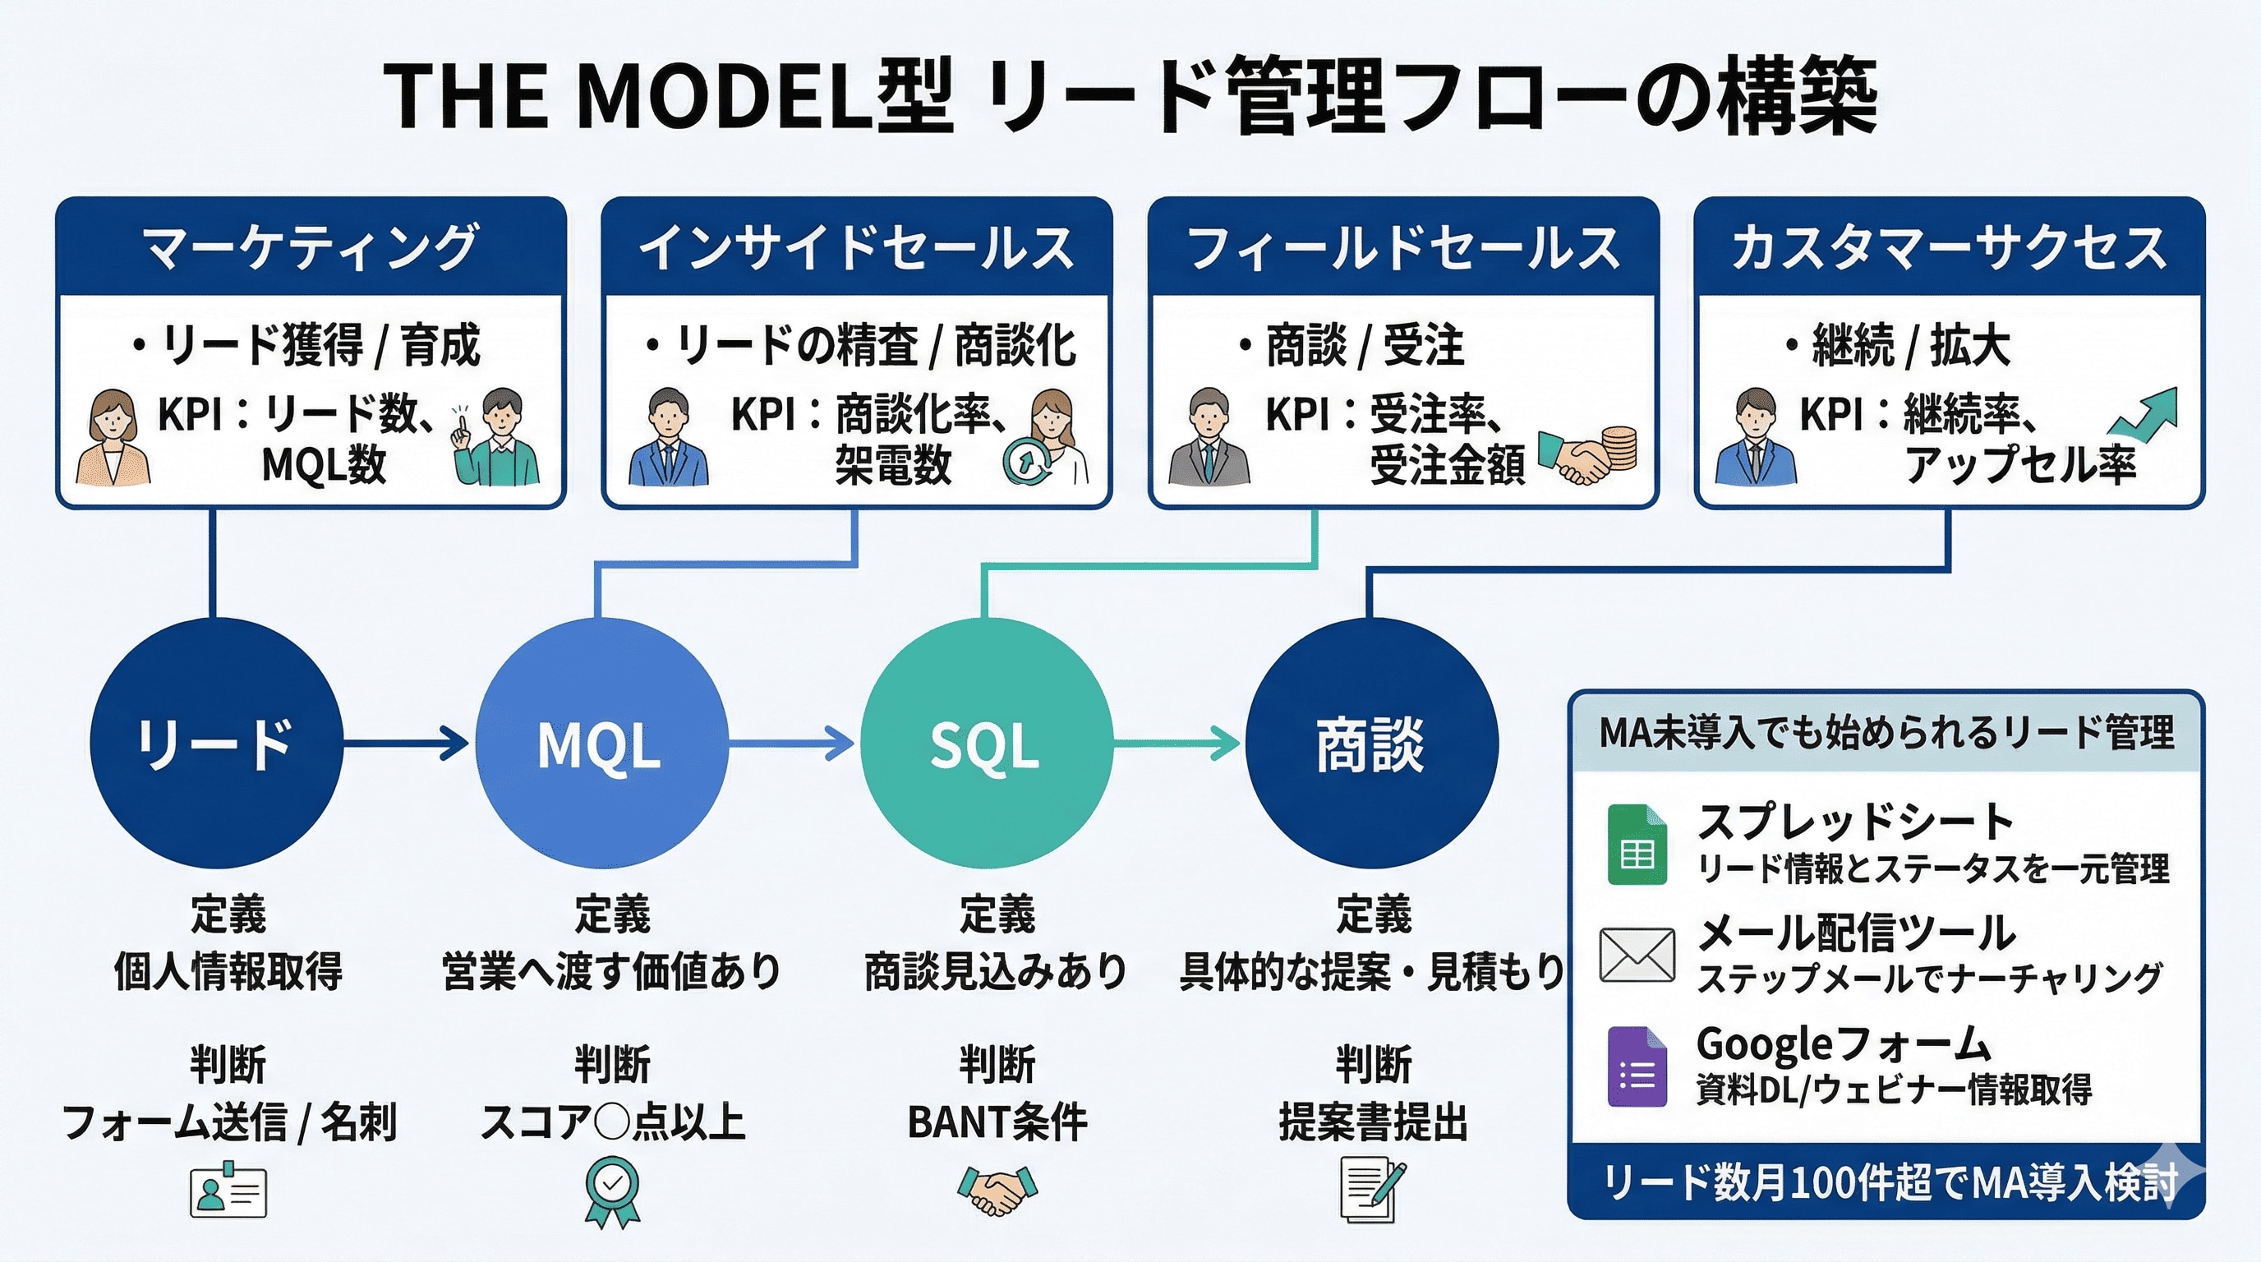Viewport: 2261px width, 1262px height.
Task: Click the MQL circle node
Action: tap(601, 744)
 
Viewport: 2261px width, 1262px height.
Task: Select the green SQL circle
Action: tap(986, 744)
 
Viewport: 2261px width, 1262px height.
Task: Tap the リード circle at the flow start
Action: tap(216, 744)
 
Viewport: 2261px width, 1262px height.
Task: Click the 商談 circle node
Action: tap(1371, 744)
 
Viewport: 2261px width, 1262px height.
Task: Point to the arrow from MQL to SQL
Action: tap(790, 744)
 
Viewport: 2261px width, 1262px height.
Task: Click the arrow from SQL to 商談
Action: tap(1177, 744)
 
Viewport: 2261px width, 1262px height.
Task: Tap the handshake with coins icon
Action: tap(1589, 454)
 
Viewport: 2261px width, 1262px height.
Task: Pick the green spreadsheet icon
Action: tap(1637, 845)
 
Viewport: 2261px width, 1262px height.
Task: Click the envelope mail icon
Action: tap(1637, 955)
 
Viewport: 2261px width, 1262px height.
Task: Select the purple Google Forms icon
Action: tap(1637, 1066)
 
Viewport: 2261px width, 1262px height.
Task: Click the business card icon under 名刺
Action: tap(228, 1190)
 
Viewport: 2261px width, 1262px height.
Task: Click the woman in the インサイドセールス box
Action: tap(1053, 436)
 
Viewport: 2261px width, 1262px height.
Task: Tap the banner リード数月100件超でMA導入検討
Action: tap(1887, 1183)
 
